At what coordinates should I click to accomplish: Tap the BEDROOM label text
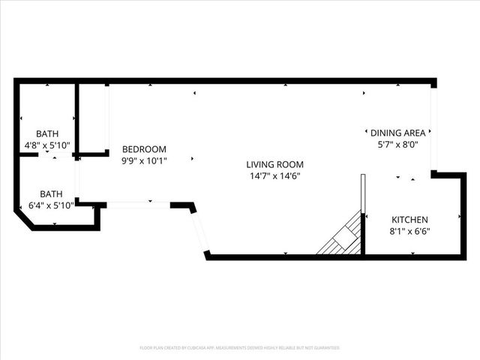[x=144, y=149]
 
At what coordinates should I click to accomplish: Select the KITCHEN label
[x=409, y=220]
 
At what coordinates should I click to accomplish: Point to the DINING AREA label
[x=397, y=133]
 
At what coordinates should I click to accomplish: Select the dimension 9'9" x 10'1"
[x=144, y=160]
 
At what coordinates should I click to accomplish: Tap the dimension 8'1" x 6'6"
[x=409, y=232]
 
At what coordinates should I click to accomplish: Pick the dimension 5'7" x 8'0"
[x=397, y=145]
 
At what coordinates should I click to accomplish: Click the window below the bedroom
[x=139, y=204]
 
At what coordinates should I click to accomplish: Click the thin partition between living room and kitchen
[x=362, y=195]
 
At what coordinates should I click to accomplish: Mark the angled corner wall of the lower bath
[x=23, y=220]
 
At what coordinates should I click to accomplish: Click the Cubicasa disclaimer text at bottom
[x=240, y=348]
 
